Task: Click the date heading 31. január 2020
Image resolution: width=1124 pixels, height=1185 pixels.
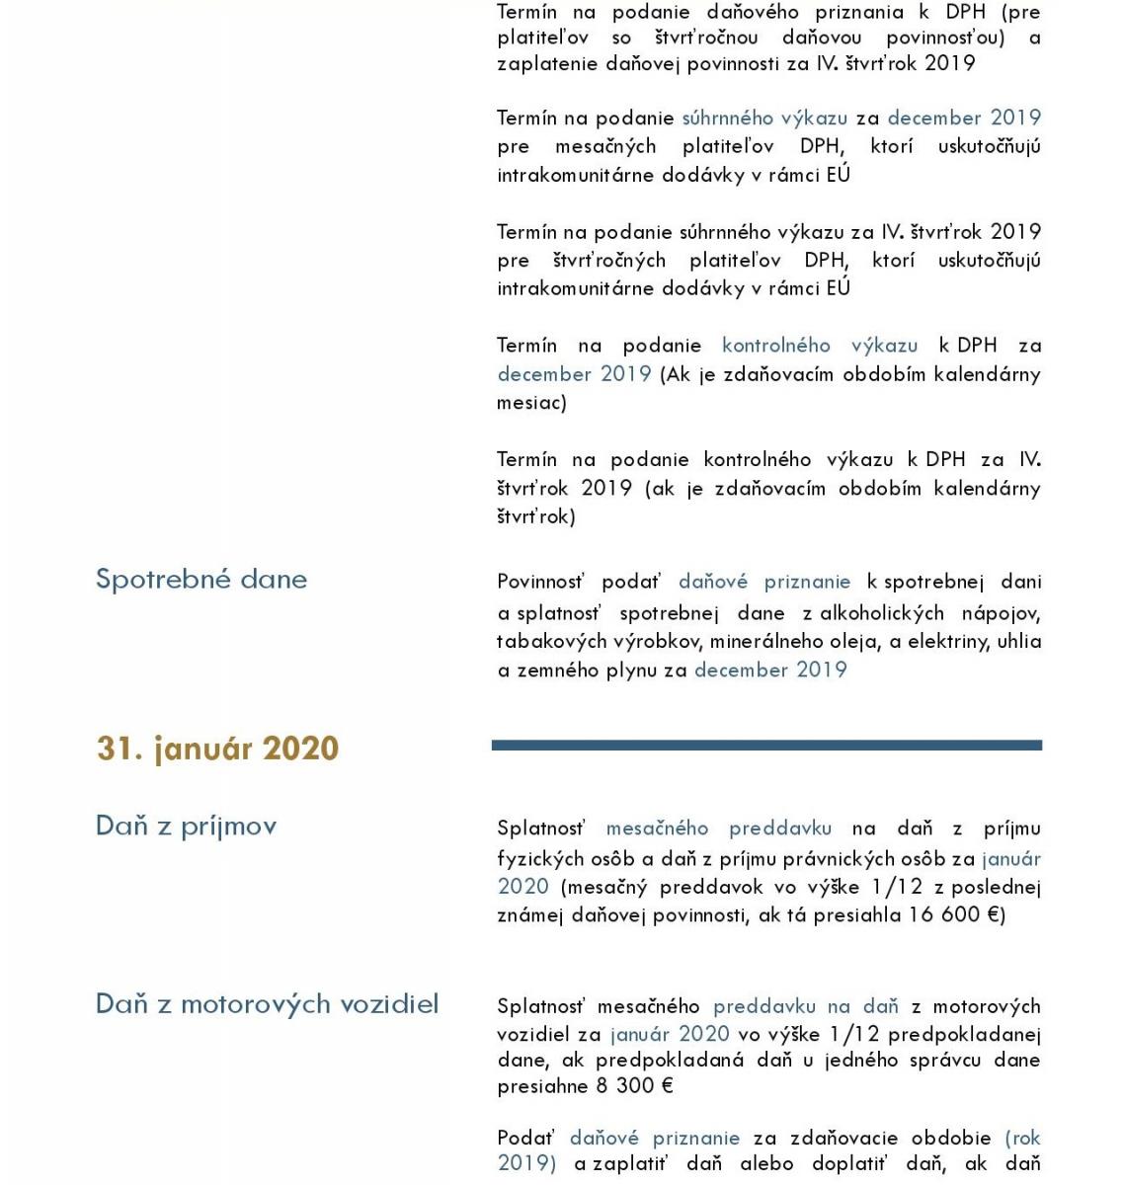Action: (217, 749)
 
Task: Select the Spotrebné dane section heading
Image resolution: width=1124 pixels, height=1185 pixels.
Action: (201, 579)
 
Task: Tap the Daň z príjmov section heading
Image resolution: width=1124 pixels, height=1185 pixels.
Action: (186, 826)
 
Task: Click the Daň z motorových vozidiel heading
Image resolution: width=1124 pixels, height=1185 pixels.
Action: (267, 1004)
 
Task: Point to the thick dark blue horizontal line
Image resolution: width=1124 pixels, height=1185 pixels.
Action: (766, 746)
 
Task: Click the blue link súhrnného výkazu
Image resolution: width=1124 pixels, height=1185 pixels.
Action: (764, 118)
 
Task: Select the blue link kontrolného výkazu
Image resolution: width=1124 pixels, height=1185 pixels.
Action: (820, 346)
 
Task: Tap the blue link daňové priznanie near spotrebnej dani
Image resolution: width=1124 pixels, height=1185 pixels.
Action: (763, 582)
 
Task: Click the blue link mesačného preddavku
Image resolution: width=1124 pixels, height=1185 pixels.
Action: (718, 829)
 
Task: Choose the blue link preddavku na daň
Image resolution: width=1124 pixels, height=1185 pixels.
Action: (806, 1006)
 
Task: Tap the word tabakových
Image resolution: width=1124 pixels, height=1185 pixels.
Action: (541, 642)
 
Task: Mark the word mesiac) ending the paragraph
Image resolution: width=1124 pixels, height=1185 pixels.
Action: (531, 403)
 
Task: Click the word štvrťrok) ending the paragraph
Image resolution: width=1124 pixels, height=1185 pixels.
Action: (535, 516)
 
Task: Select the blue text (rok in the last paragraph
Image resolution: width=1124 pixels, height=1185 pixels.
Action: (1023, 1138)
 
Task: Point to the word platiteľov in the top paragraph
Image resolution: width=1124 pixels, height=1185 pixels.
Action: (543, 38)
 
